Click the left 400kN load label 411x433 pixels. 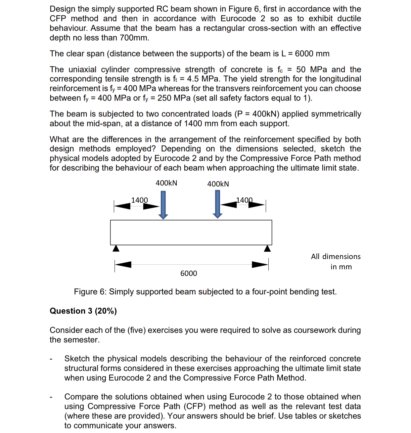coord(166,183)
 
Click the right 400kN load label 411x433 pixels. coord(218,184)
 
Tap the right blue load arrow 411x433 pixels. coord(217,204)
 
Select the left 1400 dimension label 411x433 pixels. coord(139,200)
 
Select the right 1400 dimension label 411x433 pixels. coord(244,200)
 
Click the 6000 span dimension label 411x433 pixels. coord(189,273)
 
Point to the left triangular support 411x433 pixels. coord(116,248)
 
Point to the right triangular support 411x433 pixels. coord(267,248)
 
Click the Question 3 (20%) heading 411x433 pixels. coord(83,311)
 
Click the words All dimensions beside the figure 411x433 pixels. coord(336,256)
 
